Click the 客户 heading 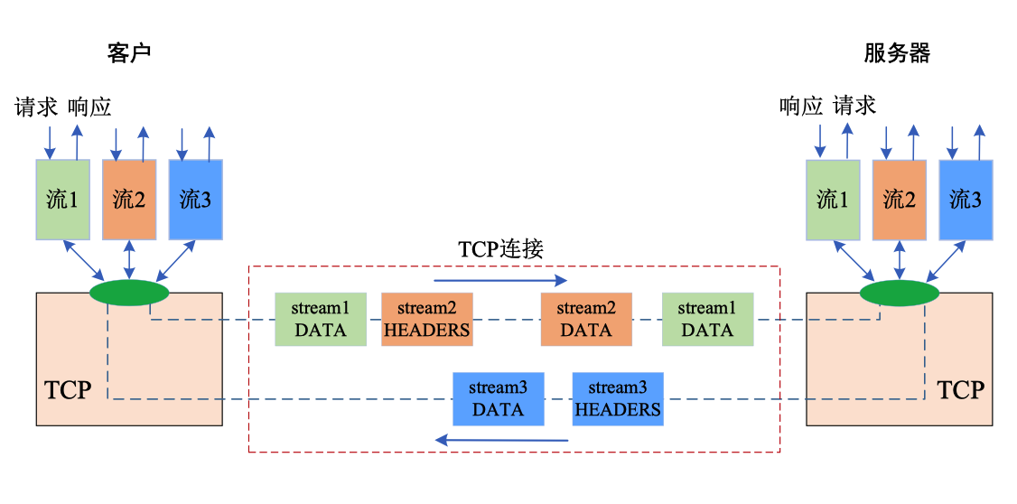pyautogui.click(x=128, y=53)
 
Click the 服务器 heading pyautogui.click(x=896, y=53)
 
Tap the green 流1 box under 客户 pyautogui.click(x=62, y=200)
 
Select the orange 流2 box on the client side pyautogui.click(x=129, y=200)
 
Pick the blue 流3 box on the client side pyautogui.click(x=195, y=200)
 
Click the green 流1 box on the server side pyautogui.click(x=832, y=200)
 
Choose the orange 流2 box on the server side pyautogui.click(x=899, y=200)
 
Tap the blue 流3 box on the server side pyautogui.click(x=966, y=200)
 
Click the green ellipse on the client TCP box pyautogui.click(x=129, y=293)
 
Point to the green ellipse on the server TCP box pyautogui.click(x=899, y=293)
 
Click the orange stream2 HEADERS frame pyautogui.click(x=427, y=319)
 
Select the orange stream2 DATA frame pyautogui.click(x=586, y=319)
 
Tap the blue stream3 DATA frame pyautogui.click(x=499, y=398)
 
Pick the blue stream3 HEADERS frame pyautogui.click(x=618, y=398)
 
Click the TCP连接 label pyautogui.click(x=500, y=249)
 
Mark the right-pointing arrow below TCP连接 pyautogui.click(x=500, y=280)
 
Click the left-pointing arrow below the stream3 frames pyautogui.click(x=501, y=440)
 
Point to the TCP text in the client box pyautogui.click(x=68, y=390)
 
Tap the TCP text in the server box pyautogui.click(x=959, y=390)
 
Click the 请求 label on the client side pyautogui.click(x=36, y=107)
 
